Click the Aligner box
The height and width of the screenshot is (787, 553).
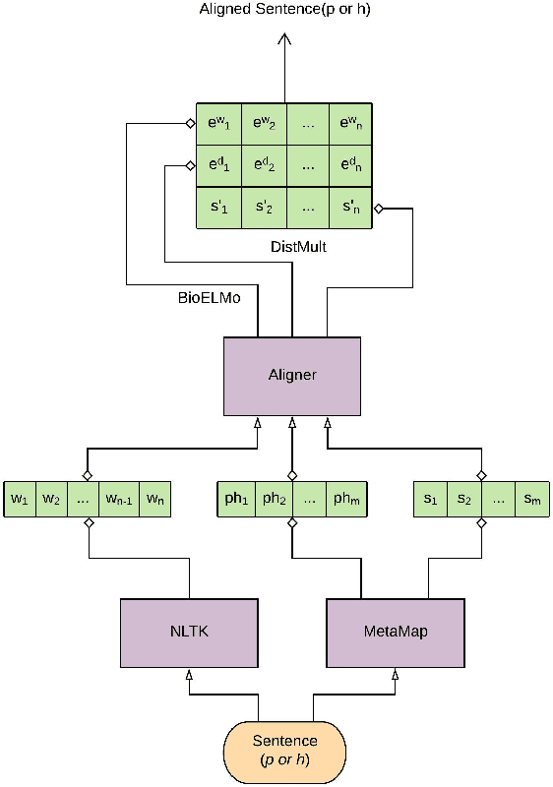[291, 376]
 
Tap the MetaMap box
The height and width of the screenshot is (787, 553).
[394, 630]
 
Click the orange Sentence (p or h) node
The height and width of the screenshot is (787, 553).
[285, 750]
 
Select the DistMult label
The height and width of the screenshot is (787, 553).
[299, 248]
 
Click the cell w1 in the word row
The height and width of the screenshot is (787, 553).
[20, 499]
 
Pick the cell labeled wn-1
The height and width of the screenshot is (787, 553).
[120, 499]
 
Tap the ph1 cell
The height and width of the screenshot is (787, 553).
[236, 499]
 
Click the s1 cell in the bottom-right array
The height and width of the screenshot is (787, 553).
[430, 499]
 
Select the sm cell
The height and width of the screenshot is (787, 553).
[531, 499]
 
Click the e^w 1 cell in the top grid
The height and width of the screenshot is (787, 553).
[218, 124]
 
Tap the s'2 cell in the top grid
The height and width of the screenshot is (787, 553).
[264, 208]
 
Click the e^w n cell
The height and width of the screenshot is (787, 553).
[350, 124]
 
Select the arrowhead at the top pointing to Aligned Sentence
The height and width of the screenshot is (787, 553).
[285, 39]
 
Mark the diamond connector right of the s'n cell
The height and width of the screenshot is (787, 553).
[378, 209]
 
